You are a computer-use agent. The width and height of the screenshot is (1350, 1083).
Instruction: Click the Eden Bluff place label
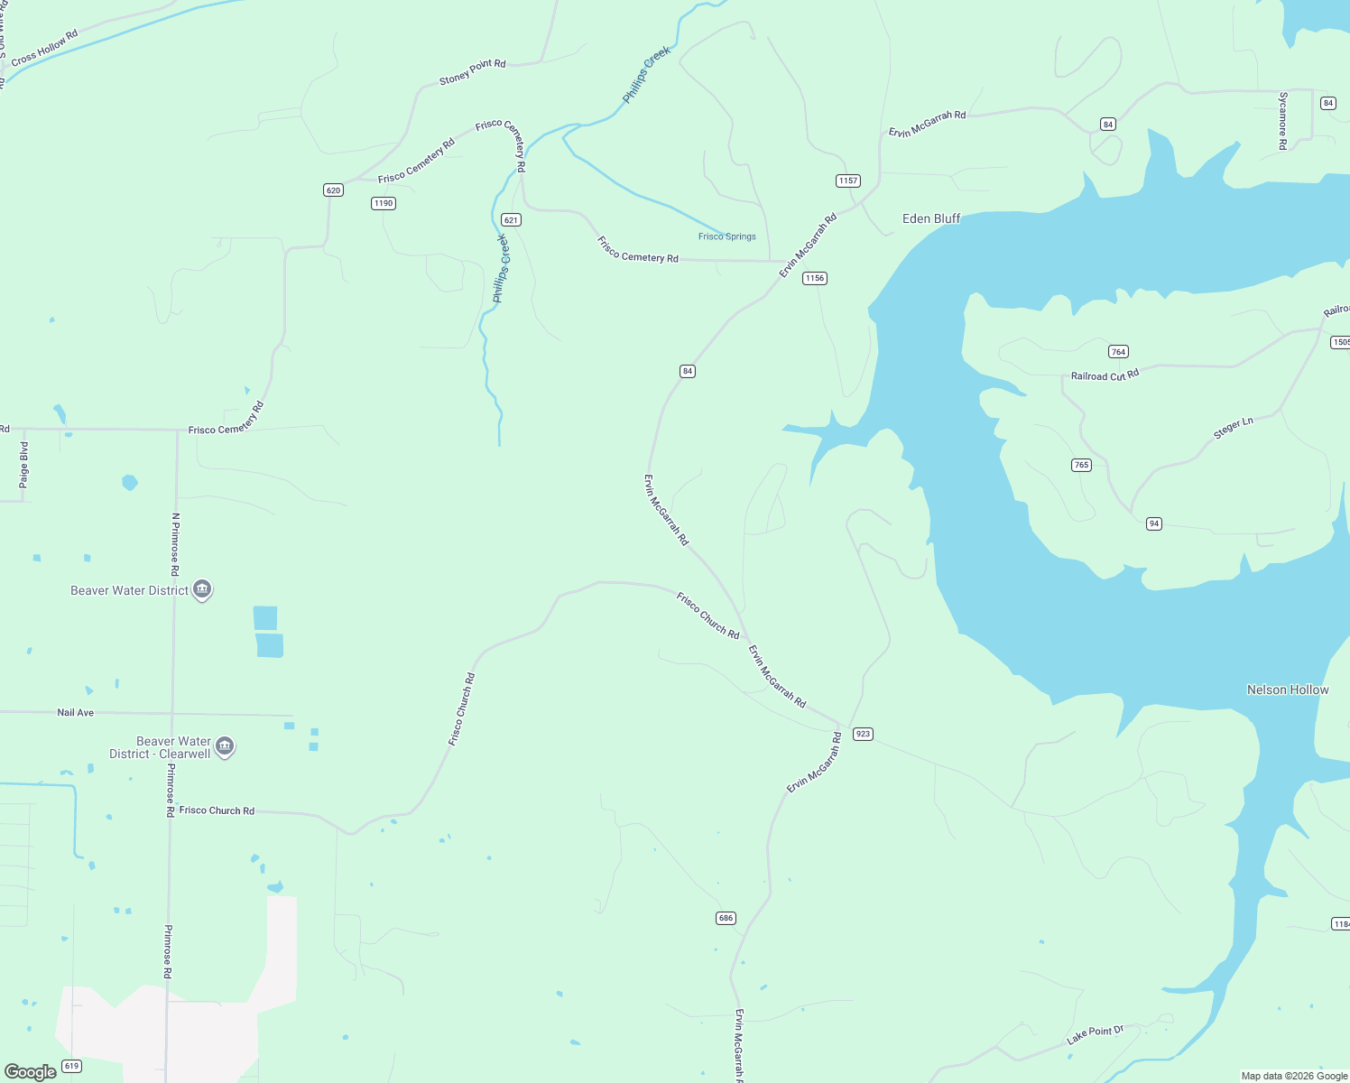click(931, 218)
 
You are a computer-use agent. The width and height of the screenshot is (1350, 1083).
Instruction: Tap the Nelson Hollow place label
click(1287, 690)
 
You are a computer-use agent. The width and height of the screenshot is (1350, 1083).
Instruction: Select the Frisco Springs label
click(726, 236)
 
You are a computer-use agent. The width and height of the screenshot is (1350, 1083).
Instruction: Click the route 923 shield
click(863, 734)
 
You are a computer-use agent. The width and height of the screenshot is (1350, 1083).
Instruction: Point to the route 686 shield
click(726, 918)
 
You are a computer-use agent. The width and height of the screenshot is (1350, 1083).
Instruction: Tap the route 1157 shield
click(847, 180)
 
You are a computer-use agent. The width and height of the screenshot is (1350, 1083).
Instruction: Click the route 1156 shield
click(815, 278)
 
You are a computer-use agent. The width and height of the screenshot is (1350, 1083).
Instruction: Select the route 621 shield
click(511, 220)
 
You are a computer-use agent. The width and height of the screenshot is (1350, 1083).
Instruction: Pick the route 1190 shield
click(384, 203)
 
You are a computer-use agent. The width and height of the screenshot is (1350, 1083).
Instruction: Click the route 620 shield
click(333, 190)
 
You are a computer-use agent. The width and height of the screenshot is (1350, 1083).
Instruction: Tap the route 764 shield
click(1118, 352)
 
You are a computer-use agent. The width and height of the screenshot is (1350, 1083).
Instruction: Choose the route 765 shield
click(1081, 465)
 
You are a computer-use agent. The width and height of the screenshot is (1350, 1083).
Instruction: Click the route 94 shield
click(1153, 523)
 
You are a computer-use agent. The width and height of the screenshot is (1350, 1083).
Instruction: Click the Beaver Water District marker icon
click(202, 590)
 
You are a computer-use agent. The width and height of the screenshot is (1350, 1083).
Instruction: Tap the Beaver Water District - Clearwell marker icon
click(225, 746)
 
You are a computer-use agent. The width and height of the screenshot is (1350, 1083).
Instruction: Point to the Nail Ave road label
click(76, 713)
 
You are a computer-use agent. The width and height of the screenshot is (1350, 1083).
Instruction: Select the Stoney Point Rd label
click(472, 71)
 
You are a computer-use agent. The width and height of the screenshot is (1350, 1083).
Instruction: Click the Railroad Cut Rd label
click(1105, 375)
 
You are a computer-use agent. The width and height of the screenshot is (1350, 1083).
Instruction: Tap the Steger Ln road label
click(1233, 428)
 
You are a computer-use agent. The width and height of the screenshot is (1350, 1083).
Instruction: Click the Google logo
click(30, 1071)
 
